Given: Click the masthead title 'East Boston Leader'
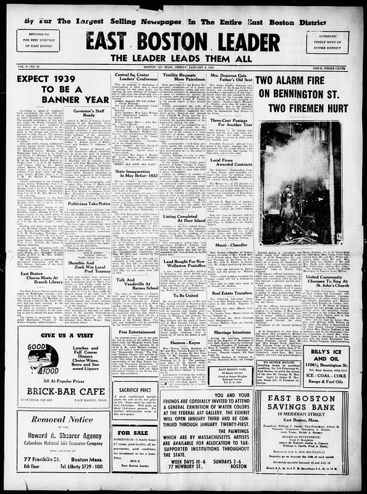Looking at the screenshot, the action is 183,41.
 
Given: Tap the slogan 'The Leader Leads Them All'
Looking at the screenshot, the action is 183,60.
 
